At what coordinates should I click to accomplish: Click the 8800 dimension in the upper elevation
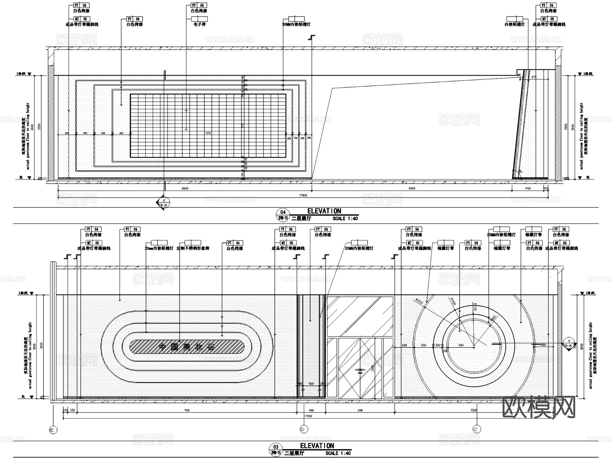185,188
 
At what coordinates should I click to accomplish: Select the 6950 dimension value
411,188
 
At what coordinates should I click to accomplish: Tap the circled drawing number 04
283,213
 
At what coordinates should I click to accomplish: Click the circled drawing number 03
275,447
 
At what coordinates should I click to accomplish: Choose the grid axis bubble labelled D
303,429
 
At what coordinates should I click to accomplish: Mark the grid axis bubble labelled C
477,429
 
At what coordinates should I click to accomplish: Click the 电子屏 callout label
199,24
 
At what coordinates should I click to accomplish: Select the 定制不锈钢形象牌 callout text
193,249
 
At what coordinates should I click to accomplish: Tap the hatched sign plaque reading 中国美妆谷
187,347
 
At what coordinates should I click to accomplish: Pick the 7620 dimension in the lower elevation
187,410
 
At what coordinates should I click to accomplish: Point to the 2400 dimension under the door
360,410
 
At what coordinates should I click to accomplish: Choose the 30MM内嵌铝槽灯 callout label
296,24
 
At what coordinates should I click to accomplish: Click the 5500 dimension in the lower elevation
474,410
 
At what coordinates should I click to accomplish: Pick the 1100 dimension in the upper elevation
527,188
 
